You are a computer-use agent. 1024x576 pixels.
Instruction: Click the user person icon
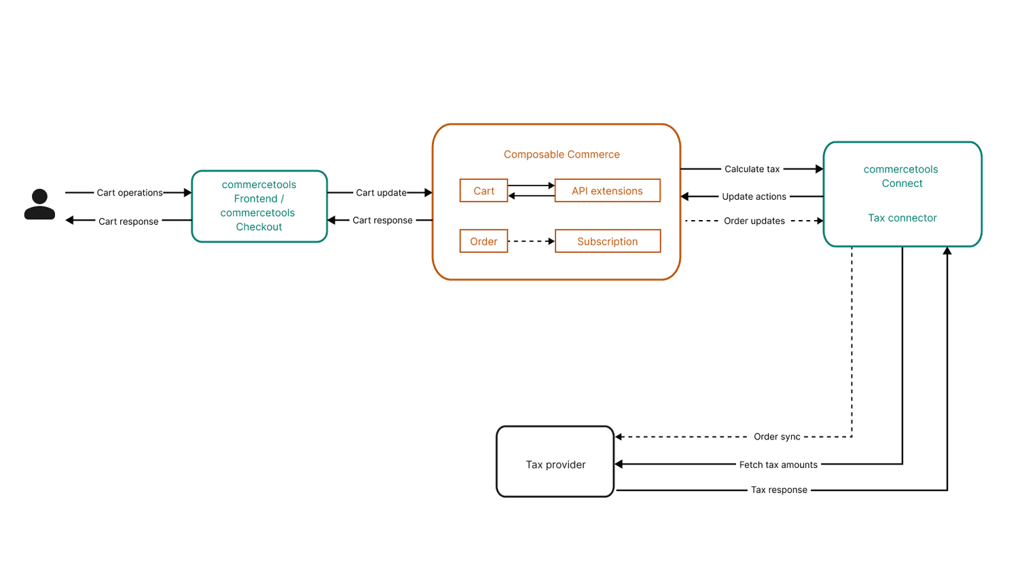pos(39,204)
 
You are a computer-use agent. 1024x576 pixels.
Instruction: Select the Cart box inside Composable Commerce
pos(483,191)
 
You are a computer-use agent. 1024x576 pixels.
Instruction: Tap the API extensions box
pos(607,191)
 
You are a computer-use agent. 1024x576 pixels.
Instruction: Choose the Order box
pos(483,241)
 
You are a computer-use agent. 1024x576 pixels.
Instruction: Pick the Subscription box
pos(607,241)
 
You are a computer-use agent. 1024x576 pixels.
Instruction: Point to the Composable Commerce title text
pos(562,154)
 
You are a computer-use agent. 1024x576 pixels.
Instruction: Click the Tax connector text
pos(902,218)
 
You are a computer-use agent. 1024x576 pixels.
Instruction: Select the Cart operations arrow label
pos(130,193)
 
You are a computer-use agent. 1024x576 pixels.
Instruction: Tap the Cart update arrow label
pos(381,193)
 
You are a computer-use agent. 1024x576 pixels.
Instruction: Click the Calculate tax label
pos(752,169)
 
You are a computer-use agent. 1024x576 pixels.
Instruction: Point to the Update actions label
pos(754,196)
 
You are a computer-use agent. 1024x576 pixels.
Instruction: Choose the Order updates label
pos(754,221)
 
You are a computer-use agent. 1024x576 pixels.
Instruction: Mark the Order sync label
pos(777,437)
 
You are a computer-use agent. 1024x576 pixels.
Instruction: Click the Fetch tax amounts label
pos(778,465)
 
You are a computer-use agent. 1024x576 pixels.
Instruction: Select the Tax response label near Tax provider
pos(779,490)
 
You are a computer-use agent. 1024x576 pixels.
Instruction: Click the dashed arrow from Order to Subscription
pos(531,241)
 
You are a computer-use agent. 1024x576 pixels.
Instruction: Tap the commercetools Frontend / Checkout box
pos(259,206)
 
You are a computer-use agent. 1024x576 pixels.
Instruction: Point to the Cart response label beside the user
pos(128,221)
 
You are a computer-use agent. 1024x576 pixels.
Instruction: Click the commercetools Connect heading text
pos(901,176)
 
